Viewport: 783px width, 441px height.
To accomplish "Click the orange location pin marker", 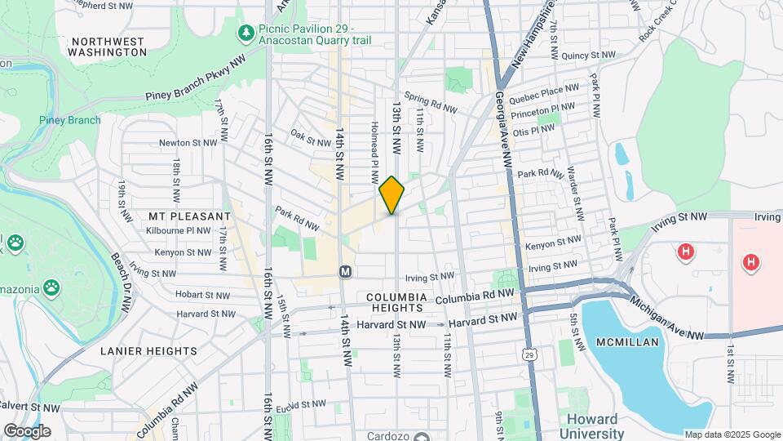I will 392,195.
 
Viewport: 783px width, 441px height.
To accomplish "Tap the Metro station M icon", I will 345,270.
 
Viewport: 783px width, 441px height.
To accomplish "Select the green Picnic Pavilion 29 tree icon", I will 244,32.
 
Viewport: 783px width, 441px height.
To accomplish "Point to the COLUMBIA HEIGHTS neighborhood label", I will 396,302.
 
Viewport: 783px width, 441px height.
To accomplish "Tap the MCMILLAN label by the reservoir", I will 626,342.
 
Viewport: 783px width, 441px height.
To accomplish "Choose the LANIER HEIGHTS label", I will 148,351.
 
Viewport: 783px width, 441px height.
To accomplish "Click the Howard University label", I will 595,427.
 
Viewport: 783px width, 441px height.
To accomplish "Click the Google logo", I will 27,430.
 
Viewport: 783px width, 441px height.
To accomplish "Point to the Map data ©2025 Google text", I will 732,434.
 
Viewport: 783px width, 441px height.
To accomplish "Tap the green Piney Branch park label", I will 70,121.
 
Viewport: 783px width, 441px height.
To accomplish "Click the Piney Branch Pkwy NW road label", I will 195,84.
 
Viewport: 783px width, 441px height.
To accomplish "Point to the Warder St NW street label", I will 575,195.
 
